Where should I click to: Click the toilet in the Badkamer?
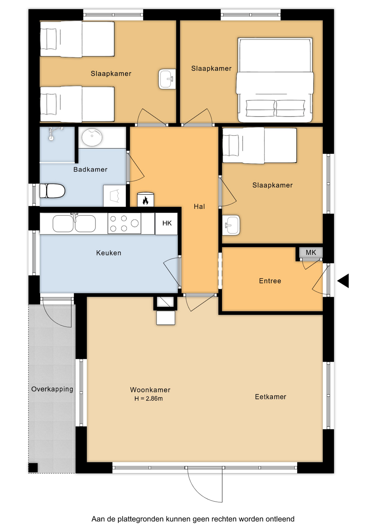pos(52,191)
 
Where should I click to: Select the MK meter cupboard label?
pos(311,252)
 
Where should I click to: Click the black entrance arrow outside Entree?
pos(343,281)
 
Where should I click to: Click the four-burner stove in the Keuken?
pos(124,223)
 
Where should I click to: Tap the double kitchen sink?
pos(74,223)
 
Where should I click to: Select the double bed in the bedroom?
pos(275,80)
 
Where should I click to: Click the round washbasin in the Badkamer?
pos(92,137)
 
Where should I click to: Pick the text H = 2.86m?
pos(149,399)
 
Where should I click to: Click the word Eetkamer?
pos(270,397)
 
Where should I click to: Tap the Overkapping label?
pos(52,389)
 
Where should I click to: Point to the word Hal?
pos(199,206)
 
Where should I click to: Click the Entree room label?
pos(270,281)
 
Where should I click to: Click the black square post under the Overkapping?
pos(33,468)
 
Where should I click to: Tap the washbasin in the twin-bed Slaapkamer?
pos(167,79)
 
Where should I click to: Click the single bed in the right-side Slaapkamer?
pos(260,145)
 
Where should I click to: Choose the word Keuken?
pos(109,253)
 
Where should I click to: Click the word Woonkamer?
pos(150,390)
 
